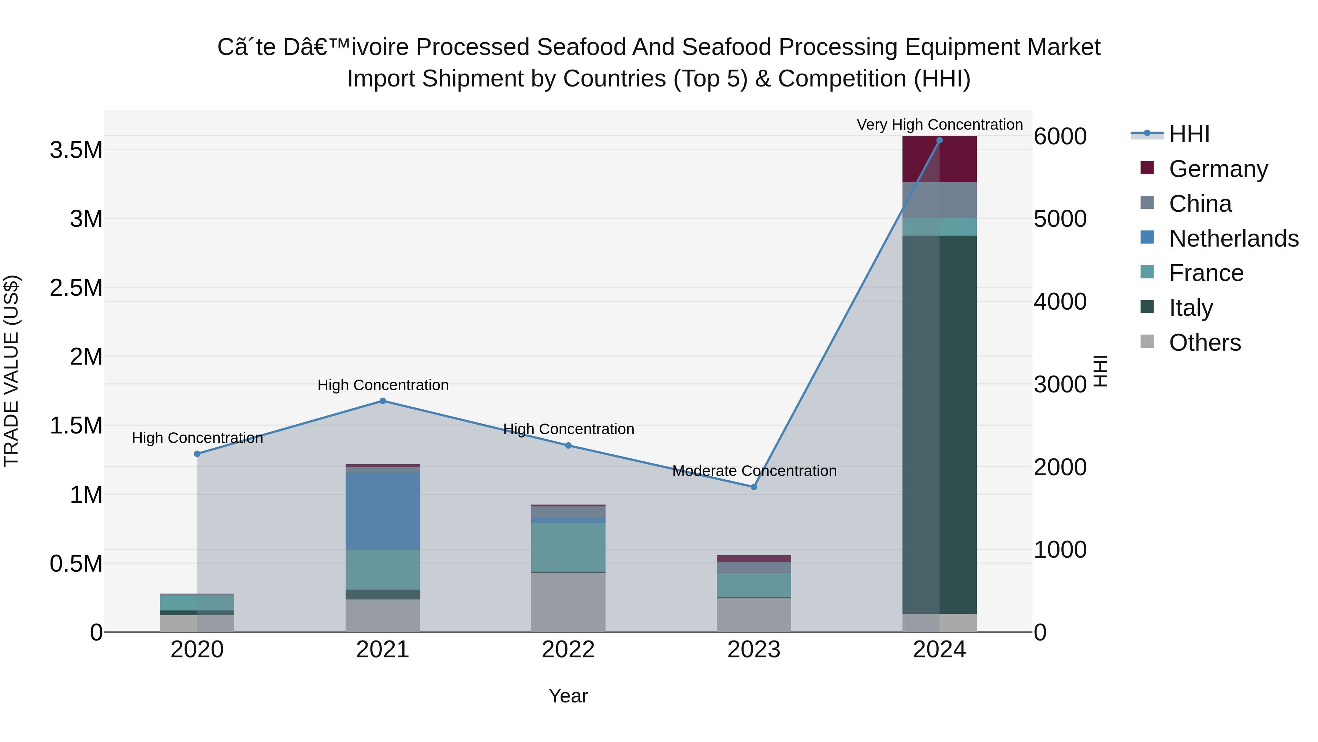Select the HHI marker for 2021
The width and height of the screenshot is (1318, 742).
click(x=383, y=401)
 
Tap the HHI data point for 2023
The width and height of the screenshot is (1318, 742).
click(x=754, y=487)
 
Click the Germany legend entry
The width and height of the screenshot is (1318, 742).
click(x=1218, y=169)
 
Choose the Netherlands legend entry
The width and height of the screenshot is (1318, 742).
click(x=1233, y=239)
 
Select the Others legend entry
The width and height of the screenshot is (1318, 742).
click(x=1205, y=343)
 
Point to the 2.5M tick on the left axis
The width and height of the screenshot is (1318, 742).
click(x=76, y=288)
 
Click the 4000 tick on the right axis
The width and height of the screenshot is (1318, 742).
click(x=1060, y=302)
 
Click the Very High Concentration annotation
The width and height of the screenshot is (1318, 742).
click(x=939, y=125)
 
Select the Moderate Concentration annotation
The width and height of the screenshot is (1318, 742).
click(x=754, y=470)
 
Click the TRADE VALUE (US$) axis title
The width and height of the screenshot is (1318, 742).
click(x=11, y=371)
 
